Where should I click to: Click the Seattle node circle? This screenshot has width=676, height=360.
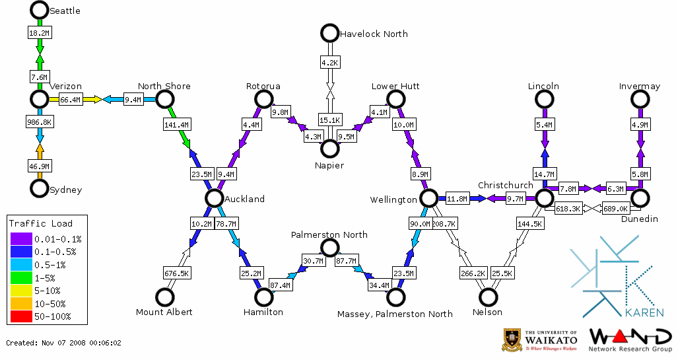(x=39, y=10)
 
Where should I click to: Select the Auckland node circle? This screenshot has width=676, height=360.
(x=213, y=198)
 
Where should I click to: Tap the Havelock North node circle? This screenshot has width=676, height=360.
(x=329, y=32)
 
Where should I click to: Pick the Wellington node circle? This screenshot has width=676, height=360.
(x=428, y=198)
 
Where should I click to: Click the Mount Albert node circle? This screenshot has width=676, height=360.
(x=164, y=297)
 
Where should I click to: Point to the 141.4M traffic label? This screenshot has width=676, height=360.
(x=176, y=124)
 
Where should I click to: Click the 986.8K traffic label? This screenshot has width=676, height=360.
(x=39, y=123)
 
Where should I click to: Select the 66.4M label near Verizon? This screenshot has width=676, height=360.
(x=71, y=100)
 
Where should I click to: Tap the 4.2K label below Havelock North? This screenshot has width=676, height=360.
(x=329, y=63)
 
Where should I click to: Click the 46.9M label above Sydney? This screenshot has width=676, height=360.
(x=39, y=166)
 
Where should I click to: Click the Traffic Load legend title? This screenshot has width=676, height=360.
(x=41, y=223)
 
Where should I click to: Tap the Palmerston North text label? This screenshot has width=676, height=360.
(x=329, y=234)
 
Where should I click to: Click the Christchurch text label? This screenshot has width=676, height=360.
(x=505, y=185)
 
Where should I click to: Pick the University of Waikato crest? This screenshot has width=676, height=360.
(x=514, y=340)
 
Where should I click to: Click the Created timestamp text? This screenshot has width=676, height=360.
(x=64, y=343)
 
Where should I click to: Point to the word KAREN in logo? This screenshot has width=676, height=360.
(x=643, y=312)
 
